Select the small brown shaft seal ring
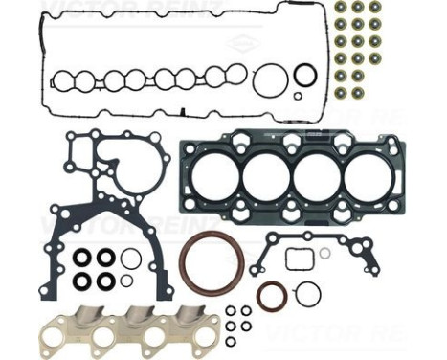[x=271, y=296]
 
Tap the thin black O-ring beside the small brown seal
[x=307, y=294]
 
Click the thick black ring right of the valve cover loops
[x=304, y=75]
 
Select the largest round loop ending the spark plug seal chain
[x=271, y=80]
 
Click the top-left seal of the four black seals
[x=83, y=257]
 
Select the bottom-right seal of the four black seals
[x=105, y=281]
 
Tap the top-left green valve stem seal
[x=340, y=8]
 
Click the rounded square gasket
[x=298, y=259]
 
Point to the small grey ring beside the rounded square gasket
[x=324, y=253]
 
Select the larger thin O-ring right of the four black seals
[x=131, y=259]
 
